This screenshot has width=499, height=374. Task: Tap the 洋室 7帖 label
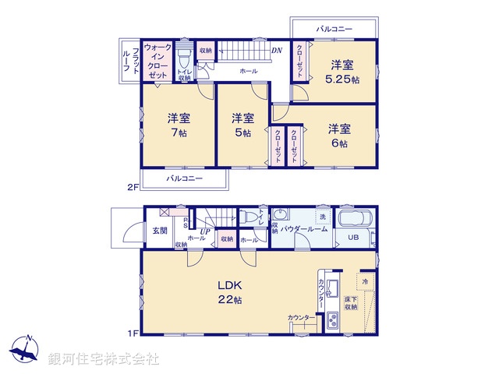pyautogui.click(x=179, y=125)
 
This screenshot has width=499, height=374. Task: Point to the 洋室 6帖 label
pyautogui.click(x=338, y=135)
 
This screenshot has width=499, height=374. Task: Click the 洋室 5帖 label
pyautogui.click(x=242, y=125)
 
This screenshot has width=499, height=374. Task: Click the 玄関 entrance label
pyautogui.click(x=159, y=230)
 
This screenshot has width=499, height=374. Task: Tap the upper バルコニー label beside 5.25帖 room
pyautogui.click(x=334, y=29)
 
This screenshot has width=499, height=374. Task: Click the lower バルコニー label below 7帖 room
pyautogui.click(x=185, y=178)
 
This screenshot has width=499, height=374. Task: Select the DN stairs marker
pyautogui.click(x=276, y=52)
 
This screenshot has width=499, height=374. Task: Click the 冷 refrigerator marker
pyautogui.click(x=364, y=280)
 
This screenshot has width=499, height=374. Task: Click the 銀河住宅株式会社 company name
pyautogui.click(x=104, y=359)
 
